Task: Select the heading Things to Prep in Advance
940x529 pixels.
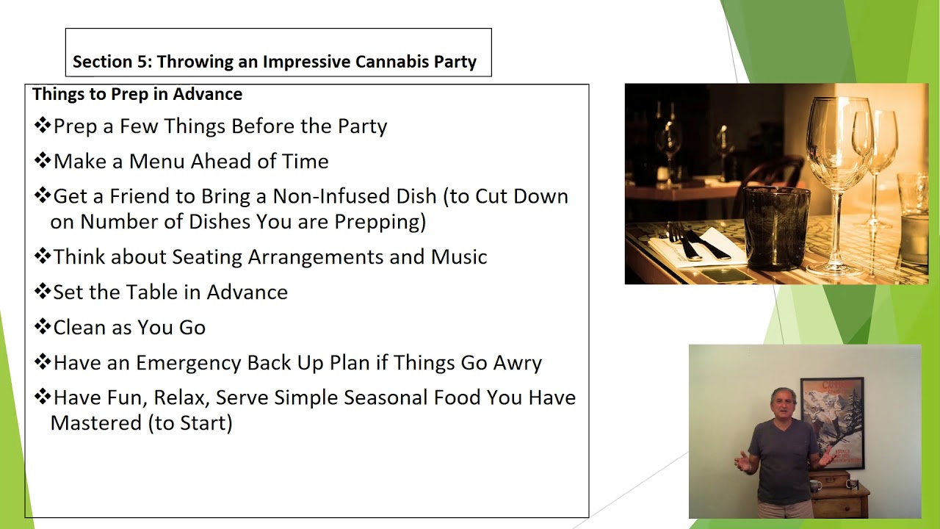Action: [137, 94]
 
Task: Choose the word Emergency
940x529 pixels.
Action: [189, 363]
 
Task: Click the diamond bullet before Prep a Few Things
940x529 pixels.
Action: [42, 126]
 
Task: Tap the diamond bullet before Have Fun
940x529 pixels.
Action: [42, 397]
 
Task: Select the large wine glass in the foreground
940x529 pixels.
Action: [839, 162]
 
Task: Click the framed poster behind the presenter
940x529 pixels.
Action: [832, 420]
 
